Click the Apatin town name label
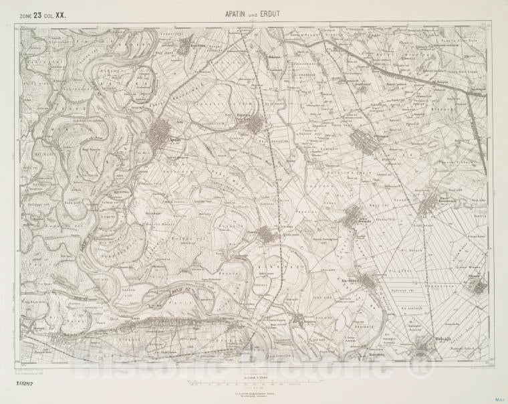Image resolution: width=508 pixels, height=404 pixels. (176, 140)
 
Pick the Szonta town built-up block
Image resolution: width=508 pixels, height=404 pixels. (267, 234)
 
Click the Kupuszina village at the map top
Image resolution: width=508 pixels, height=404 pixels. (185, 45)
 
